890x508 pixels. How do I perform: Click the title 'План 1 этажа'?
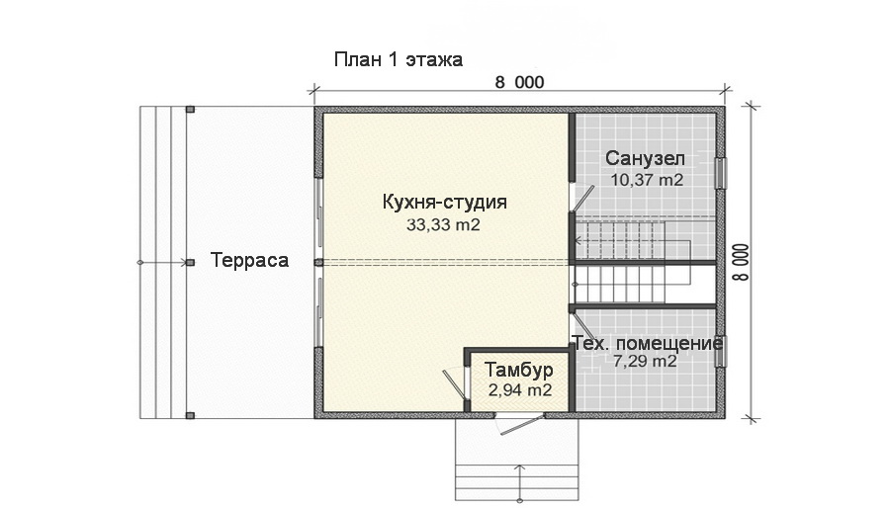(398, 60)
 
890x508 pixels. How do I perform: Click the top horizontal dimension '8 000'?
(519, 83)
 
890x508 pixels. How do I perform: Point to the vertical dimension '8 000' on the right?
(739, 262)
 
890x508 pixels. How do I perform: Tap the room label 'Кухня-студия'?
(444, 203)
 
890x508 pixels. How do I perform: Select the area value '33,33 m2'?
(443, 224)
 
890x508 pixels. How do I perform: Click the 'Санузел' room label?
(645, 159)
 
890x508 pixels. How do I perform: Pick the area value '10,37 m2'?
(646, 180)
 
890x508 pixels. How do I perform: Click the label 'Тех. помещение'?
(648, 343)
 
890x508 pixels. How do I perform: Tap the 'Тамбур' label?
(518, 371)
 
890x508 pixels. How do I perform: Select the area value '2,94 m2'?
(519, 390)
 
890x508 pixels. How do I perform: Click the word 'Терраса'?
(249, 261)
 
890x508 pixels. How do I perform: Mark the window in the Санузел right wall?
(721, 173)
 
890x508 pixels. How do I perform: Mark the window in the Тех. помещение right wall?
(721, 351)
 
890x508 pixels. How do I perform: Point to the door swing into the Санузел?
(581, 196)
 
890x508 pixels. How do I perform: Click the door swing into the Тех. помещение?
(582, 326)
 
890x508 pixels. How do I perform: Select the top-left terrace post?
(190, 109)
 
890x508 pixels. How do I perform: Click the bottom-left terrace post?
(190, 416)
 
